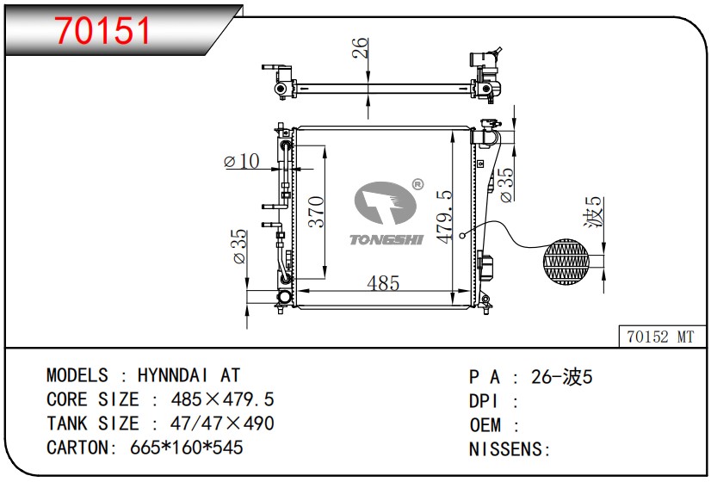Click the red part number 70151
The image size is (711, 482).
point(102,31)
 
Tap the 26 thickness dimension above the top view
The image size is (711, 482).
point(360,48)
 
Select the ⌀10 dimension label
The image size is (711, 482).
point(242,161)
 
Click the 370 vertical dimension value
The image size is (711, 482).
point(316,211)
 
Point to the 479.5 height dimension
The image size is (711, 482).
point(444,217)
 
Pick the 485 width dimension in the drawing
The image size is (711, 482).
point(383,283)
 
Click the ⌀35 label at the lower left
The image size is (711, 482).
point(239,246)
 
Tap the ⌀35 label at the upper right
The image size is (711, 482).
point(506,185)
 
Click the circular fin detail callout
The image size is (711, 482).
point(566,262)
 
